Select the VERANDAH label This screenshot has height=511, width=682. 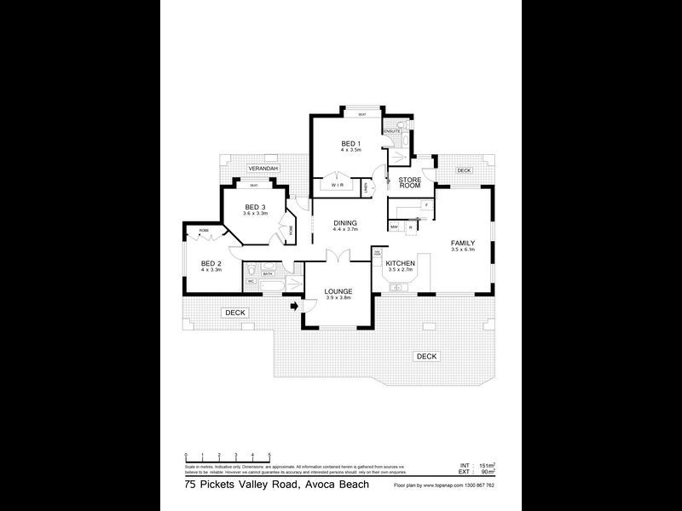pyautogui.click(x=263, y=169)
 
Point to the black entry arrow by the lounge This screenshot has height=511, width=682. pyautogui.click(x=295, y=305)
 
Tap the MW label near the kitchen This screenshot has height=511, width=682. pyautogui.click(x=395, y=227)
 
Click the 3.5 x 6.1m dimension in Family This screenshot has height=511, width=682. pyautogui.click(x=463, y=250)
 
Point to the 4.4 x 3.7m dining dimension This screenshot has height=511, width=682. pyautogui.click(x=345, y=230)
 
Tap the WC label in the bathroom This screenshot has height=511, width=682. pyautogui.click(x=251, y=279)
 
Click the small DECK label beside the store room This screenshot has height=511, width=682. pyautogui.click(x=463, y=170)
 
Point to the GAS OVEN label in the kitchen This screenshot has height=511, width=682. pyautogui.click(x=378, y=254)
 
